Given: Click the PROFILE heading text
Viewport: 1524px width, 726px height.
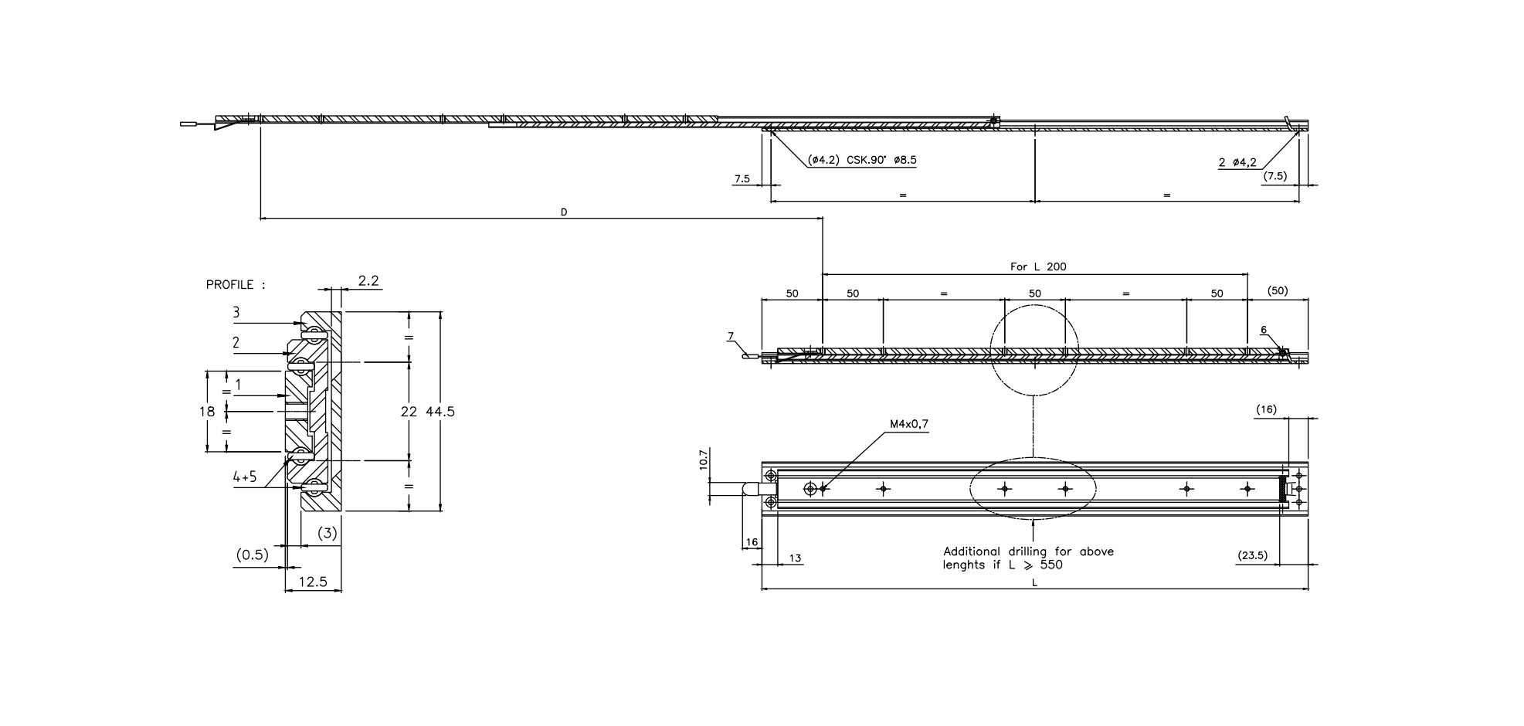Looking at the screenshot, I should pyautogui.click(x=235, y=285).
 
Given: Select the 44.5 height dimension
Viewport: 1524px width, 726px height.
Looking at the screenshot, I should pyautogui.click(x=440, y=412).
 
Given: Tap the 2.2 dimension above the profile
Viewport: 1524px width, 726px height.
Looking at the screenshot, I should pyautogui.click(x=368, y=281).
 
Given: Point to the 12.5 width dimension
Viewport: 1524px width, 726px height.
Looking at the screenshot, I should pyautogui.click(x=312, y=582).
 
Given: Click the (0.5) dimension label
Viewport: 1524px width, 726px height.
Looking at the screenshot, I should pyautogui.click(x=252, y=555).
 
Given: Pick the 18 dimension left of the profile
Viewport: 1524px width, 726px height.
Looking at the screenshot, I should pyautogui.click(x=206, y=412).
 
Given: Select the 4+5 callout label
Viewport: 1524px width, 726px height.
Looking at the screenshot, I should pyautogui.click(x=245, y=477).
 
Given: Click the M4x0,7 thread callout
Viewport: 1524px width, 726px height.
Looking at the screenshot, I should pyautogui.click(x=908, y=424).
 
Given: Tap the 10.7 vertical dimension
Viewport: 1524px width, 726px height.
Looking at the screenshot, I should pyautogui.click(x=703, y=460).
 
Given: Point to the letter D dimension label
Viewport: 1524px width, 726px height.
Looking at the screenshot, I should pyautogui.click(x=564, y=212).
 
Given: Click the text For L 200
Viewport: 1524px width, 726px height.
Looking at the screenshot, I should pyautogui.click(x=1038, y=266).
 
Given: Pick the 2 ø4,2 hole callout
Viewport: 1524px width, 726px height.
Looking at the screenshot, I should pyautogui.click(x=1237, y=162).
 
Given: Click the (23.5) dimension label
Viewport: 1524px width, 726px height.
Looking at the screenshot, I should pyautogui.click(x=1252, y=555).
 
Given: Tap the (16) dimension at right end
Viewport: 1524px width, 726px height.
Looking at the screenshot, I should pyautogui.click(x=1266, y=409).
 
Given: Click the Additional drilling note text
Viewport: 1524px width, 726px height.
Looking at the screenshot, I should pyautogui.click(x=1027, y=558).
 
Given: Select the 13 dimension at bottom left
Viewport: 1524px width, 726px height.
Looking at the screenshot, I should pyautogui.click(x=795, y=558).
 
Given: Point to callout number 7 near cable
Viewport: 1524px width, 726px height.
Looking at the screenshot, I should pyautogui.click(x=730, y=336).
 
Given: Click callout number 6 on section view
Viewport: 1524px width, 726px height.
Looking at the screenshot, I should pyautogui.click(x=1264, y=330).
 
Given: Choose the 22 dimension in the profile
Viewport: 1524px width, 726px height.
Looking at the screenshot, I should pyautogui.click(x=409, y=412).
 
